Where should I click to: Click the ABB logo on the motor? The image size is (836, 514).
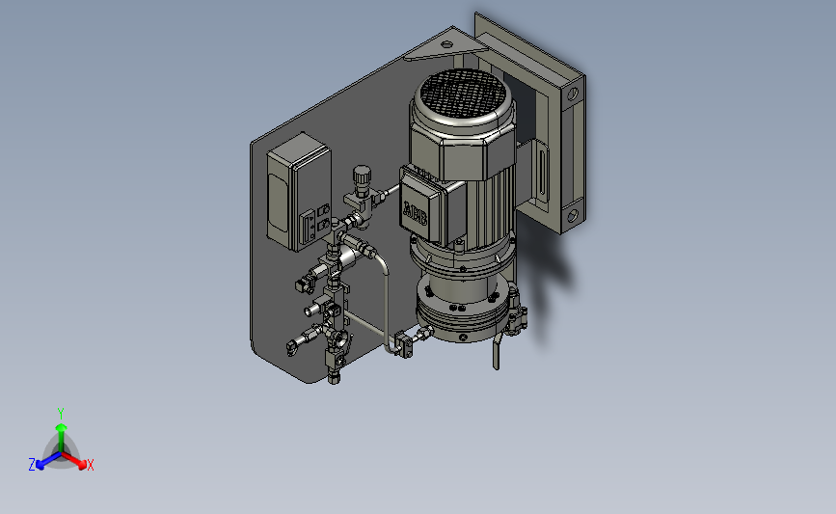415,213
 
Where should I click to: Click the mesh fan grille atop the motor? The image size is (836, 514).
463,94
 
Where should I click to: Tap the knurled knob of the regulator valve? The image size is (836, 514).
362,175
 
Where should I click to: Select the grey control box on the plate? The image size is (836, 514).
299,192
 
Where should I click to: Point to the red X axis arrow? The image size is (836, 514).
72,460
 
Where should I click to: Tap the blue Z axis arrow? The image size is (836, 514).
48,461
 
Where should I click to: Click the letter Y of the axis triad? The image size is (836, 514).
61,414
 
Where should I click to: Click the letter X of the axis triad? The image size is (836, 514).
90,465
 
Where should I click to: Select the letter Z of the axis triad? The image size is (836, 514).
32,465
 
